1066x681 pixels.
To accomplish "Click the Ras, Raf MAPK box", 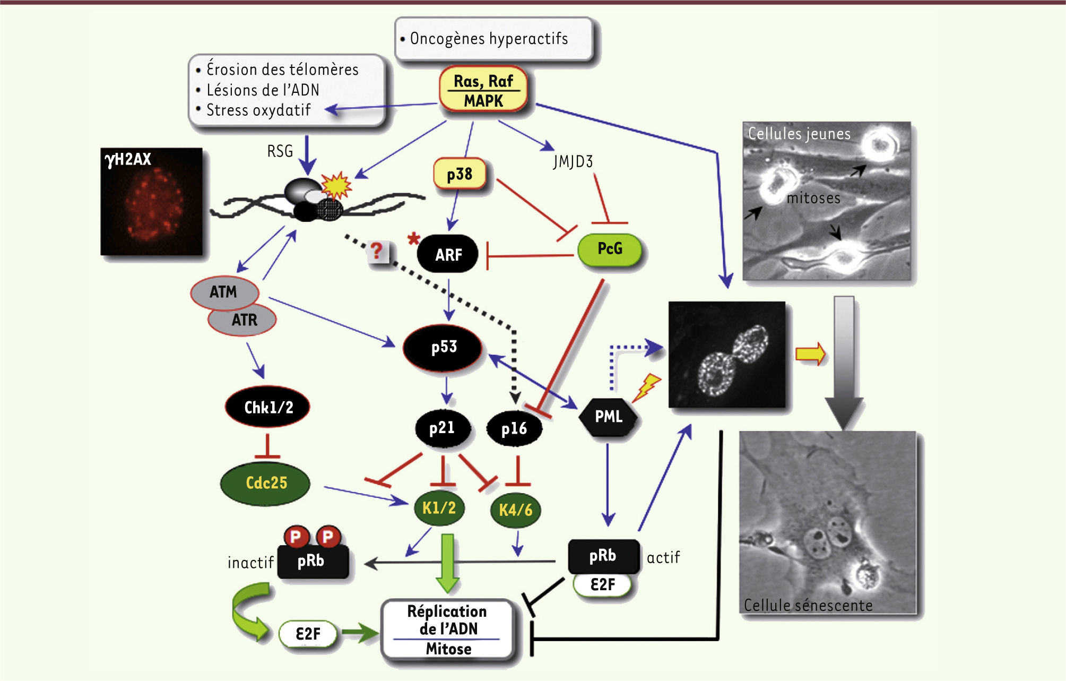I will coord(483,90).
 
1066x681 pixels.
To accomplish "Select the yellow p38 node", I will coord(460,174).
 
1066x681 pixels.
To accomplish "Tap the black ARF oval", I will coord(448,254).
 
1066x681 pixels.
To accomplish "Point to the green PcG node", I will coord(610,248).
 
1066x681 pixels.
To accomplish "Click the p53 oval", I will coord(444,347).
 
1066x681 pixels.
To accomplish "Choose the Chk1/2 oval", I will coord(268,407).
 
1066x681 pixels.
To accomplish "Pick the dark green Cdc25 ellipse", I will coord(266,482).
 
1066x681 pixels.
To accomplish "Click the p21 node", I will coord(442,428).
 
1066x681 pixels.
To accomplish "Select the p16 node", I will coord(514,428).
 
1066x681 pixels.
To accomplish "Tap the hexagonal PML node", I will coord(609,417).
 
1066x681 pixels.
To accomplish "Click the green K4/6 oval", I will coord(516,510).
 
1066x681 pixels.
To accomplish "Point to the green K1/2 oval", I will coord(439,508).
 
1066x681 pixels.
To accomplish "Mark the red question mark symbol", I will coord(377,251).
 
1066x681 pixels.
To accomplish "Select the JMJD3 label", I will coord(573,161).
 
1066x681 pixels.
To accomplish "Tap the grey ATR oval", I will coord(244,320).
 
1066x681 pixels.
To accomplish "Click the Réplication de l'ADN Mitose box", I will coord(448,630).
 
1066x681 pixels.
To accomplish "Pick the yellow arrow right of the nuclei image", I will coord(810,354).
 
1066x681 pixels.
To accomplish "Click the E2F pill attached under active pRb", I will coord(603,584).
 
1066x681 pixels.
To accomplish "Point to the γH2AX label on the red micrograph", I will coord(128,159).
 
